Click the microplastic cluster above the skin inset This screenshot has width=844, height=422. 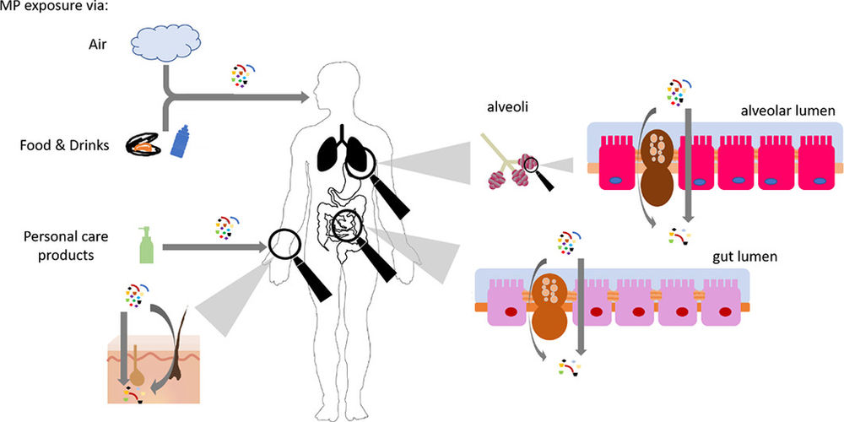coord(136,295)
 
